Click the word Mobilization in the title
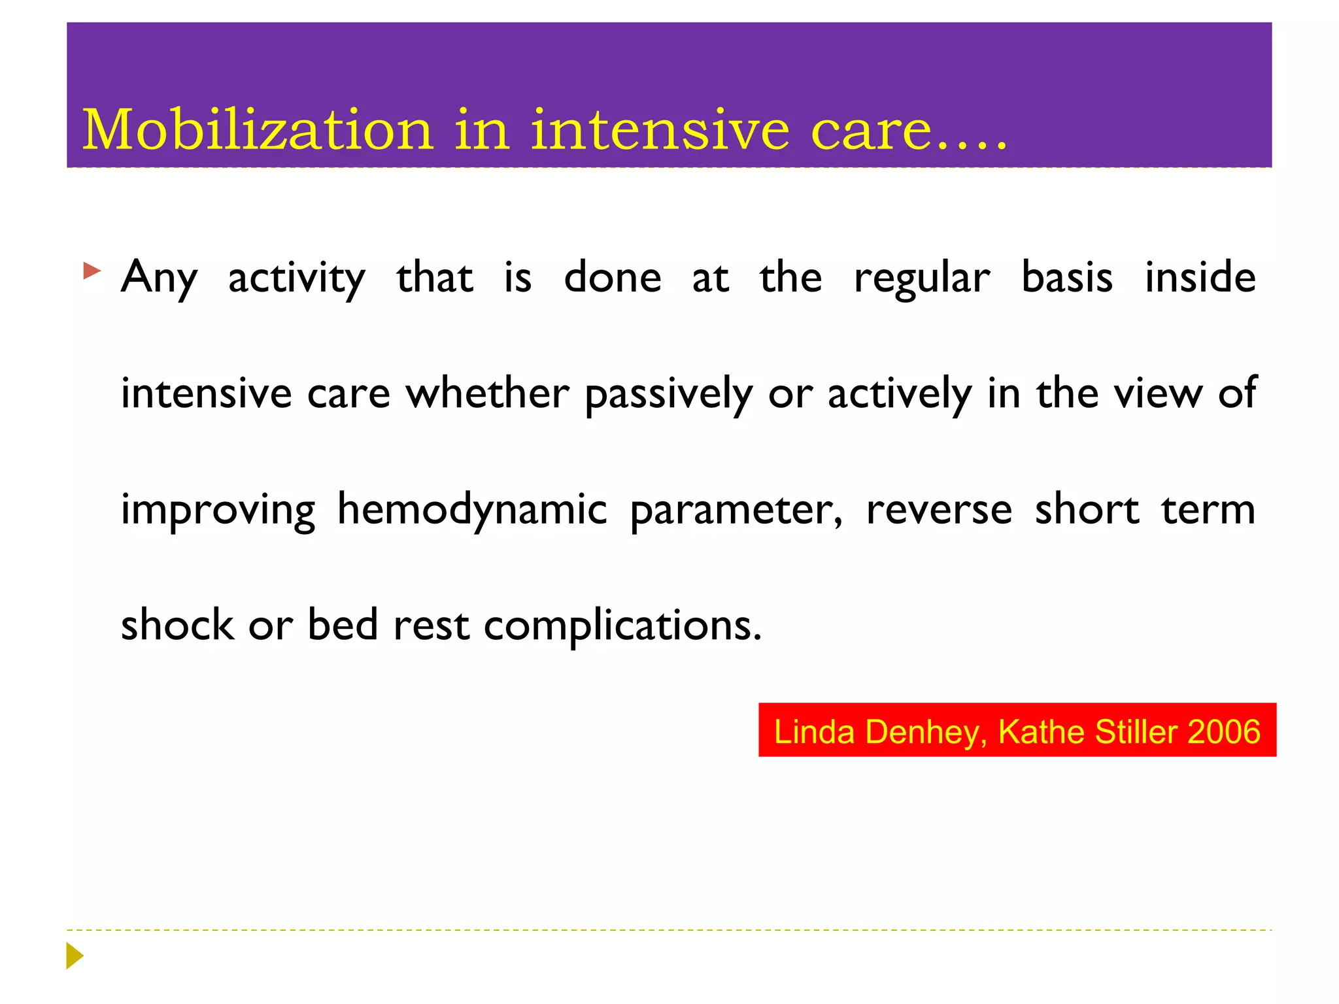point(258,129)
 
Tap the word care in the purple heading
point(871,131)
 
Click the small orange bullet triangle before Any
point(92,271)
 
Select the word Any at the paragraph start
point(159,278)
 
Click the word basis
point(1066,277)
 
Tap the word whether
point(487,393)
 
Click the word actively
point(900,395)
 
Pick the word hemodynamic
point(471,510)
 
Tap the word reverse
point(939,510)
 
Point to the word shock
point(177,625)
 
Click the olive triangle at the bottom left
point(74,956)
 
